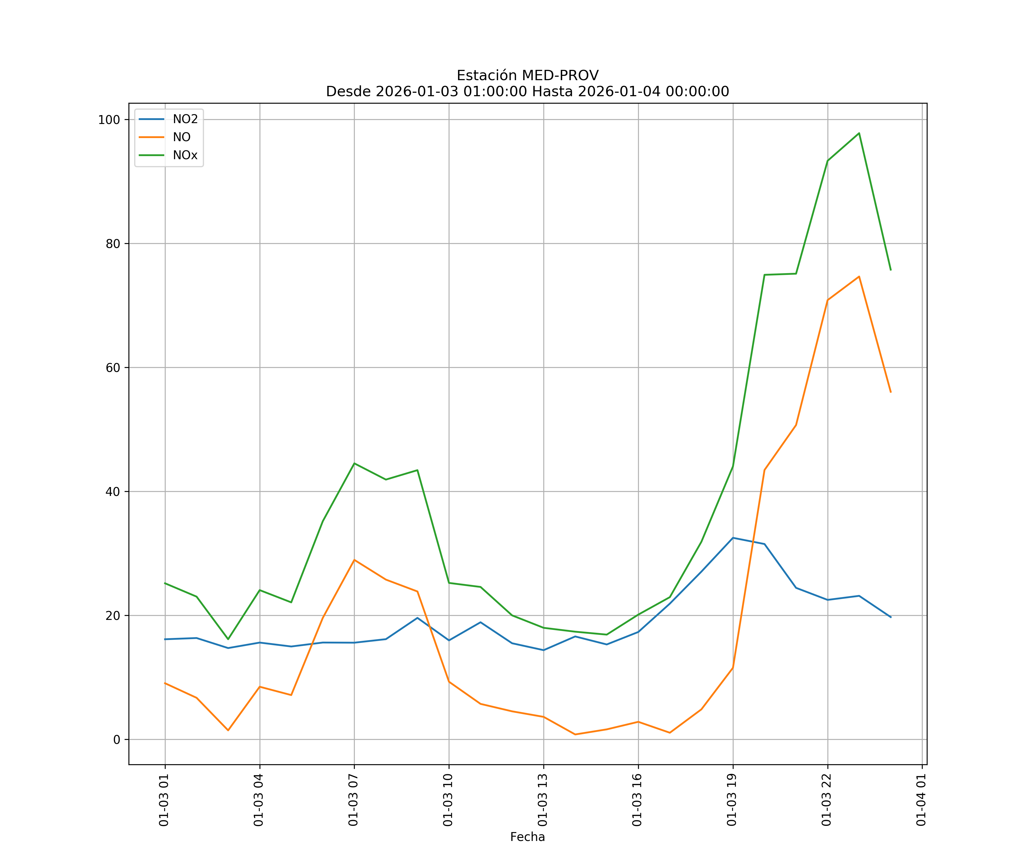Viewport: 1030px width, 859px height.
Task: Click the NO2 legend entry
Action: click(x=185, y=119)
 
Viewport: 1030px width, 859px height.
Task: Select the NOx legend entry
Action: click(x=185, y=155)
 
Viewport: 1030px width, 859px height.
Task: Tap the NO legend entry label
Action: click(x=181, y=137)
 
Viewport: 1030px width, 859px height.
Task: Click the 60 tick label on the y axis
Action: click(x=113, y=368)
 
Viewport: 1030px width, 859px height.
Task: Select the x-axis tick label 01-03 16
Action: click(x=637, y=800)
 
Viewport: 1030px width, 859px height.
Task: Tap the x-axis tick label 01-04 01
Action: click(x=921, y=800)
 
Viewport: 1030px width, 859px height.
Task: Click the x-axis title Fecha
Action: click(x=527, y=837)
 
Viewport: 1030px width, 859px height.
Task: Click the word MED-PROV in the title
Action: click(x=560, y=76)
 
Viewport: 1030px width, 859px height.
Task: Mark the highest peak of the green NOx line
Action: click(x=859, y=133)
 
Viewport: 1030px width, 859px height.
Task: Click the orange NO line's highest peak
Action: click(x=859, y=276)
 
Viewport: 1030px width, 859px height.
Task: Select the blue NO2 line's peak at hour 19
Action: click(x=733, y=538)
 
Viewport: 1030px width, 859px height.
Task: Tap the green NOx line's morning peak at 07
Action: click(x=354, y=463)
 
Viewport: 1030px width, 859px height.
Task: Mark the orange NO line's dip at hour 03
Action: click(x=228, y=730)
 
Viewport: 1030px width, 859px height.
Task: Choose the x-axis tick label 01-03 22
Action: click(x=827, y=800)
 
